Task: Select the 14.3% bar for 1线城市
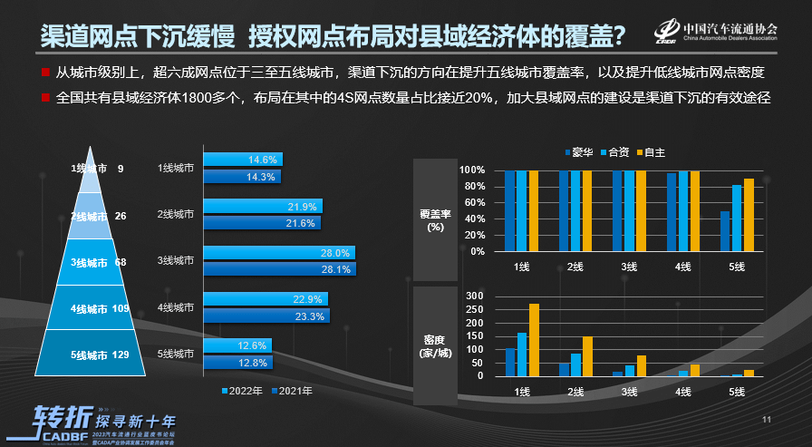243,177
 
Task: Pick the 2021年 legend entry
292,392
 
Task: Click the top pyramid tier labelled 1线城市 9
98,169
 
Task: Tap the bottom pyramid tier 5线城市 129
98,355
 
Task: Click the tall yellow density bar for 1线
534,339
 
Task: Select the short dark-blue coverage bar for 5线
725,231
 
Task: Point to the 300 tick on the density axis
474,296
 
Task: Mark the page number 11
766,420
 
